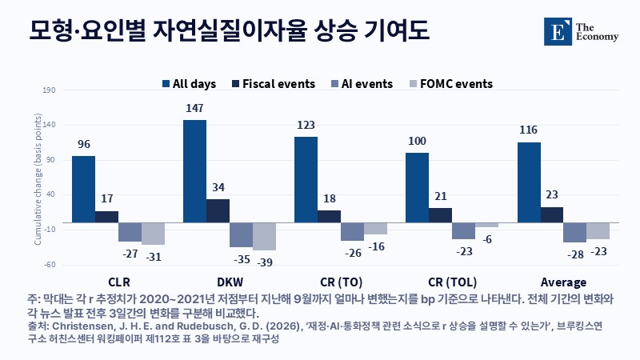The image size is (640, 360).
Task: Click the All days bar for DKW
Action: (x=194, y=171)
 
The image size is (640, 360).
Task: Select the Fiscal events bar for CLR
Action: (x=107, y=217)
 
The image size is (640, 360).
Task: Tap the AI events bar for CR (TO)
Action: (x=352, y=232)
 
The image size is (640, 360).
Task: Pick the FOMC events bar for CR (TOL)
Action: (x=486, y=225)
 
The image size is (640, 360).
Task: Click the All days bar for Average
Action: (x=529, y=182)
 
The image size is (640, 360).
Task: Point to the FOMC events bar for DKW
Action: (x=264, y=236)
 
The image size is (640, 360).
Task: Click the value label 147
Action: (x=194, y=108)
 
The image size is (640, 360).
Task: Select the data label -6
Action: (x=487, y=239)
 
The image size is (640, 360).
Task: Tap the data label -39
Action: (x=265, y=262)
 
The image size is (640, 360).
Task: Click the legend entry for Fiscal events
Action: (x=274, y=84)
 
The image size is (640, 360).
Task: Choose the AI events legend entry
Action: (x=362, y=84)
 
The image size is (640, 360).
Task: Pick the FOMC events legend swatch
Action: (x=413, y=84)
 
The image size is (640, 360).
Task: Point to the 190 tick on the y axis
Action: (x=49, y=90)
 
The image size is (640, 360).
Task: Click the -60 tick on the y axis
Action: (x=50, y=265)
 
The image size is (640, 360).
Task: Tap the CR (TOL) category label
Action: (x=452, y=282)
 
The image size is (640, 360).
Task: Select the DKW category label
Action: (x=230, y=282)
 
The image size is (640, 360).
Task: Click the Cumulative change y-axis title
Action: (x=38, y=179)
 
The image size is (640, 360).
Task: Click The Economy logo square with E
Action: (x=558, y=31)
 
